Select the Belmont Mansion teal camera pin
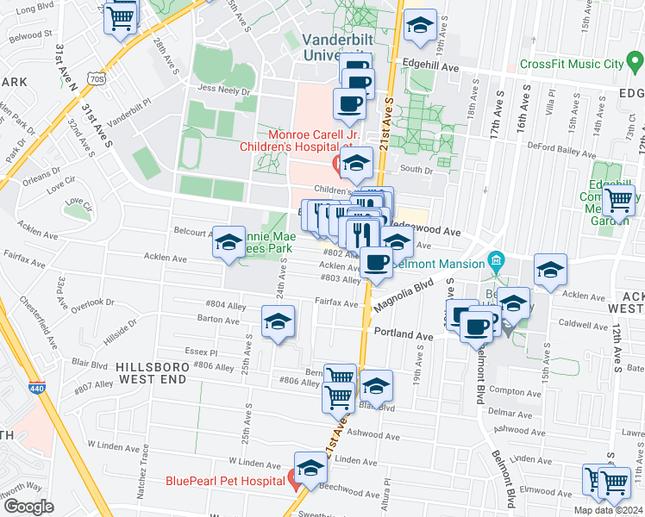coord(496,259)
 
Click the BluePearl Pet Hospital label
coord(227,480)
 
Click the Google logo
coord(28,506)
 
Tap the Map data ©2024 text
coord(608,510)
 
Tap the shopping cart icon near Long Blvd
coord(121,16)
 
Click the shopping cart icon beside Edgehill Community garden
coord(618,201)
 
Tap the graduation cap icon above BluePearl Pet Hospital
coord(310,468)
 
